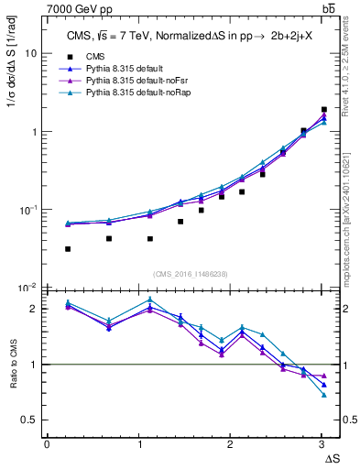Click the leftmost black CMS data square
68,249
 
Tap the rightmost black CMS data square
323,110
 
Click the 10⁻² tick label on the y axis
27,288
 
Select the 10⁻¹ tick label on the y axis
27,210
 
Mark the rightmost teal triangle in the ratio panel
323,395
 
